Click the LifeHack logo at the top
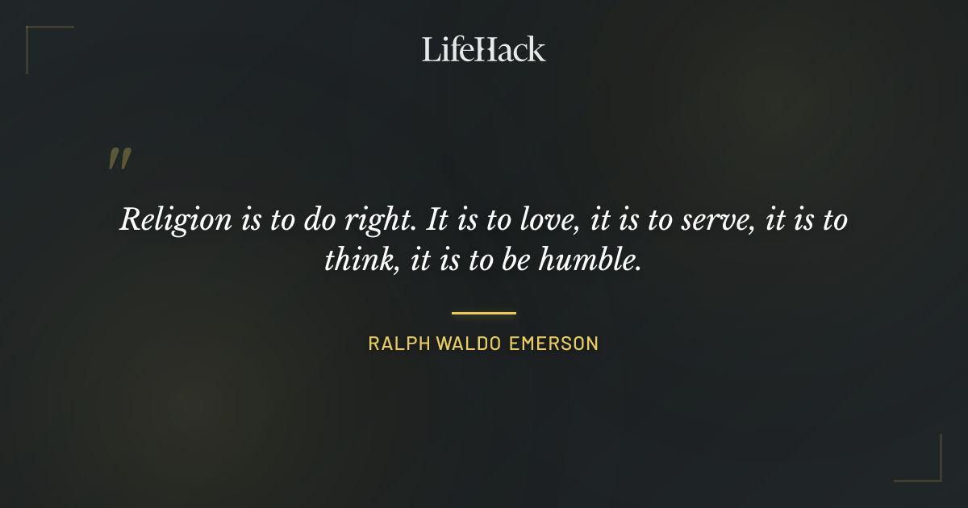pos(483,49)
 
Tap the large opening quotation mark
pos(119,159)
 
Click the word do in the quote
pos(311,219)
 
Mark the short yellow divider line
pos(483,313)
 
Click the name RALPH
pos(398,344)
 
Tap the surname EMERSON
pos(553,344)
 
